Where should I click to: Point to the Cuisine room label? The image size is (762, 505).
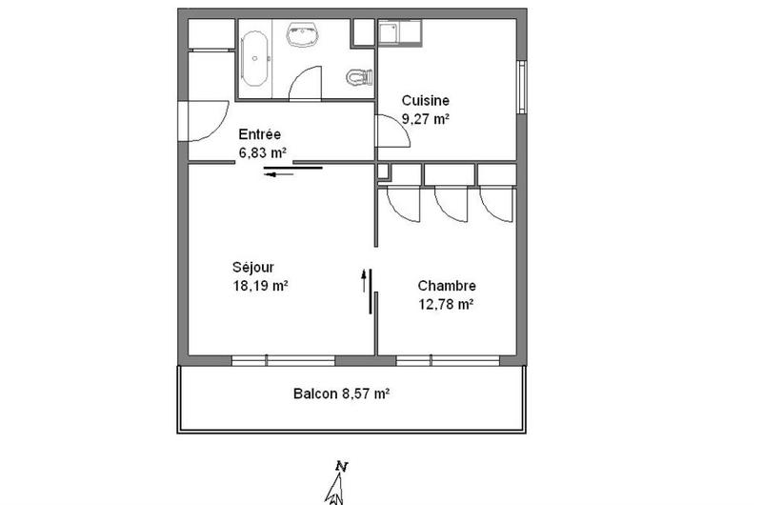(x=425, y=101)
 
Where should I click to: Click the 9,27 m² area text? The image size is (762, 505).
(x=425, y=119)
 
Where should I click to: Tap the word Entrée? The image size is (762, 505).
(x=261, y=134)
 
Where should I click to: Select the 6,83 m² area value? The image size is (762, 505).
(x=263, y=152)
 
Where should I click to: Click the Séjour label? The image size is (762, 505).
(x=251, y=267)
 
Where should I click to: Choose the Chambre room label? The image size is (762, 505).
(x=446, y=286)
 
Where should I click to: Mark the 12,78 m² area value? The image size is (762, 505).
(x=445, y=305)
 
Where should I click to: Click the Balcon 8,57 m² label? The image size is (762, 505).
(x=341, y=393)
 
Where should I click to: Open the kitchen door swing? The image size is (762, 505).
(x=394, y=131)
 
